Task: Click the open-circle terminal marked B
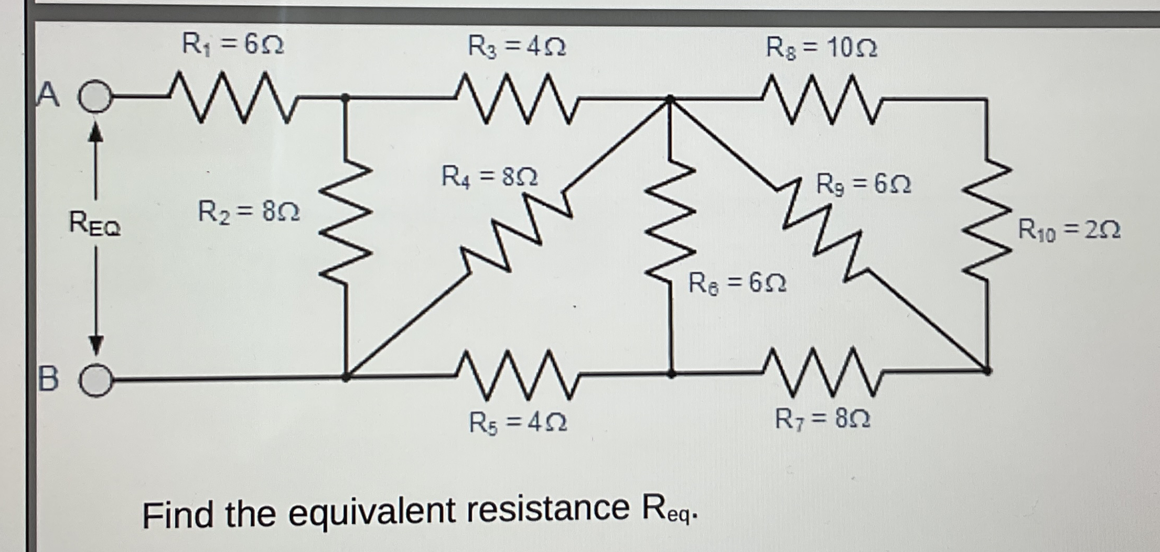tap(96, 380)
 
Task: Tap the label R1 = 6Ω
tap(232, 44)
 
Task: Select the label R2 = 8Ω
tap(249, 212)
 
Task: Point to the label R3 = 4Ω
tap(517, 47)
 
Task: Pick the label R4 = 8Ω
tap(489, 176)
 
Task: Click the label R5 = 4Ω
tap(518, 422)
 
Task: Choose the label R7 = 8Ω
tap(822, 418)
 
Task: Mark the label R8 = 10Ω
tap(821, 48)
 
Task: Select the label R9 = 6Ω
tap(864, 184)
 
